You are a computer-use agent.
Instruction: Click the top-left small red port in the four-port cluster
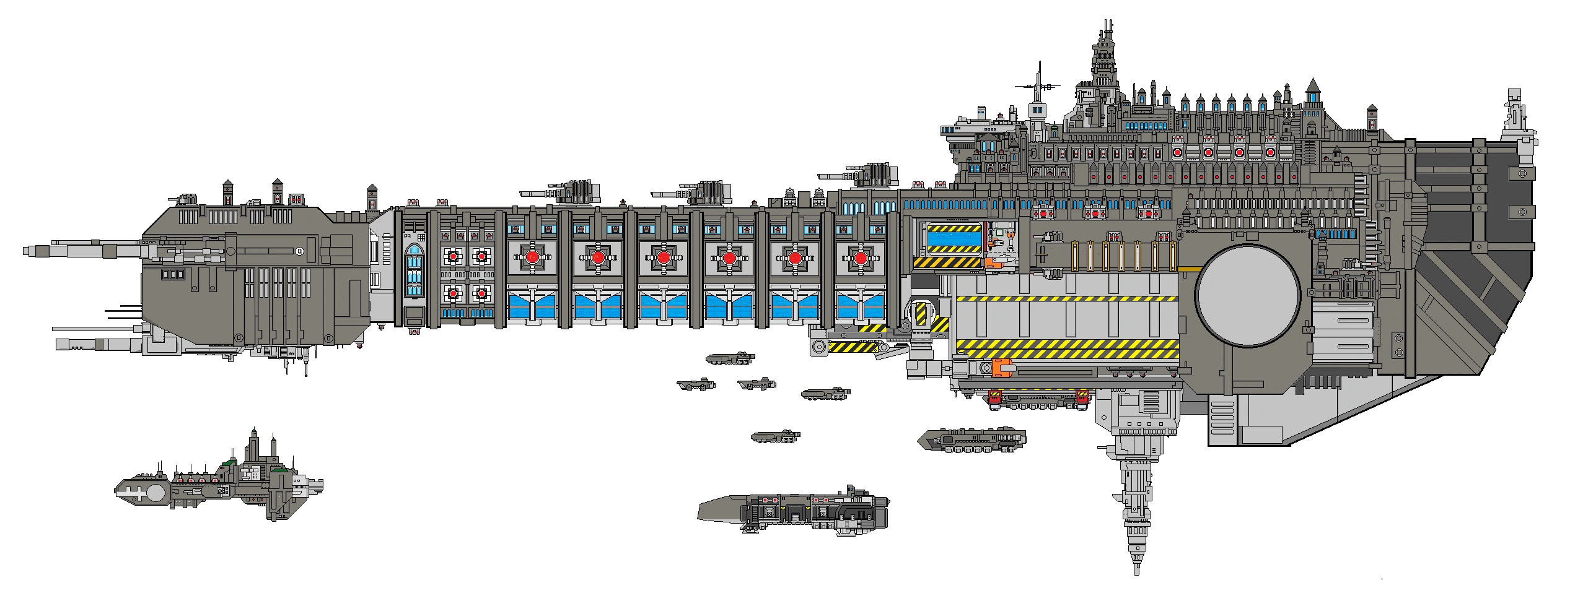pyautogui.click(x=454, y=256)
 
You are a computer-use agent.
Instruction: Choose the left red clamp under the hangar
pyautogui.click(x=994, y=397)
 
